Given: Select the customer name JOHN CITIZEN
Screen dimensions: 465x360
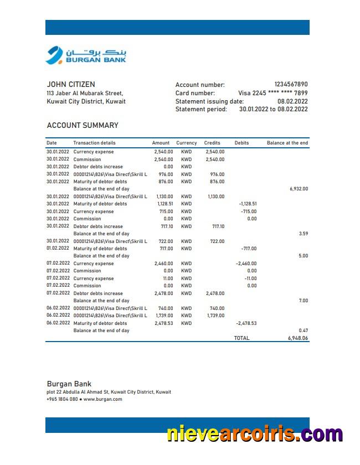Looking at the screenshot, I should [71, 85].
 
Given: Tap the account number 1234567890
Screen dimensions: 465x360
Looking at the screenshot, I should [291, 85].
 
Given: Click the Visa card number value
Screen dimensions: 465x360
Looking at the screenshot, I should [272, 93].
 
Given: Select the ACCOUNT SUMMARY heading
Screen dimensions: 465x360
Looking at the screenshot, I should [83, 125].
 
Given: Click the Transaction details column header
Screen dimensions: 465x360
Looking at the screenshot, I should [94, 143].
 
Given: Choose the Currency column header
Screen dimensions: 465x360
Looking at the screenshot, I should [187, 143].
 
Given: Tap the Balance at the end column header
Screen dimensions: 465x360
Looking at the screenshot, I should [287, 143].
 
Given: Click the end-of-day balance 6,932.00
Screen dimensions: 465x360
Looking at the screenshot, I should [299, 189].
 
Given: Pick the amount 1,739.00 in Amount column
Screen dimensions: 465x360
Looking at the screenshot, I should [163, 316].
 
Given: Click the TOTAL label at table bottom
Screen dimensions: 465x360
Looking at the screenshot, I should [241, 338].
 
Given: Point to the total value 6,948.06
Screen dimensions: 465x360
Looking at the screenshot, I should [297, 338].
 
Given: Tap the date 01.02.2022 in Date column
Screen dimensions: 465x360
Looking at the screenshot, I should [58, 249].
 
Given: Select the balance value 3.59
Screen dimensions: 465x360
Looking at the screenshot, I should [303, 234].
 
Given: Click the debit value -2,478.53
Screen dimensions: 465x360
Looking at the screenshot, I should [246, 323].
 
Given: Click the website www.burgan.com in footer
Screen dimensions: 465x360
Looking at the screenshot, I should [103, 399].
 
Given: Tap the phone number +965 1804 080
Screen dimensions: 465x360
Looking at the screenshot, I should [62, 399].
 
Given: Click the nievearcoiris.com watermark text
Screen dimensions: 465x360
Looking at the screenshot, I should [255, 433].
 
